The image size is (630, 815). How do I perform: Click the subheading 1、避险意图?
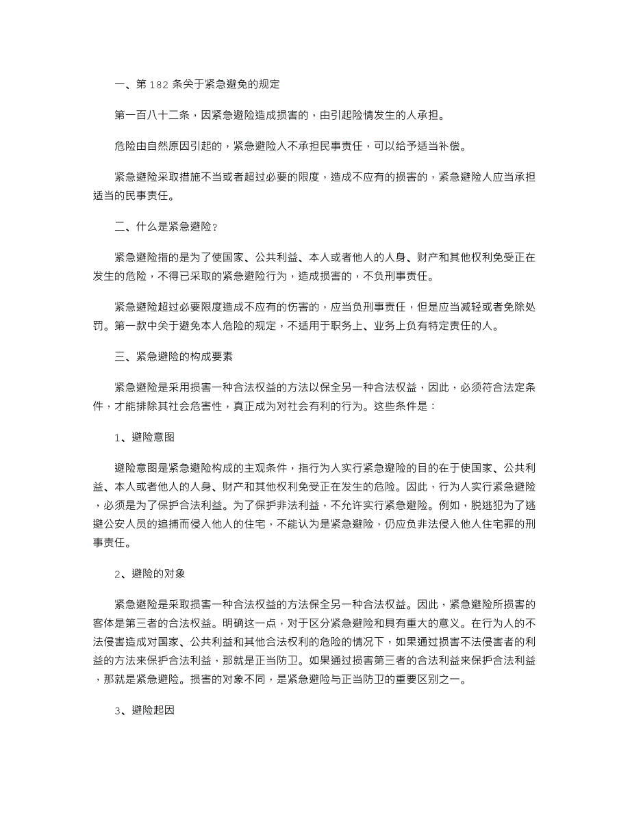pyautogui.click(x=144, y=437)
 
